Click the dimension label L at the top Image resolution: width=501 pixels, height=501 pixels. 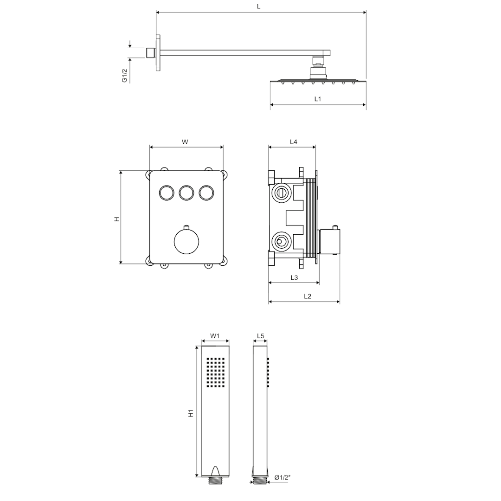(258, 6)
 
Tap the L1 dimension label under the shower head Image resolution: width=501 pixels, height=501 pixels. (318, 99)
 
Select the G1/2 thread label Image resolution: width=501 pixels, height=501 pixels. (125, 76)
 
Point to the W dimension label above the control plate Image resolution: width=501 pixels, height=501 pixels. (185, 142)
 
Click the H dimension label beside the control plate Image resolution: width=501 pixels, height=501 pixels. (117, 219)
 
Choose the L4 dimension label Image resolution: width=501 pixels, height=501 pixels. (293, 141)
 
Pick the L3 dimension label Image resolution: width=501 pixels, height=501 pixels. (294, 278)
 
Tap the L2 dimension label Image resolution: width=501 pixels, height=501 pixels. (308, 296)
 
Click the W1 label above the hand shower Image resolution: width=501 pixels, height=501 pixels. (215, 336)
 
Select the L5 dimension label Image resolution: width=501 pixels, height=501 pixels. (260, 336)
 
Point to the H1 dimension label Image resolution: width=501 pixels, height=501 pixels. (191, 413)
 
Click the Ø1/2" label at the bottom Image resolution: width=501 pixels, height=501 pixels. (283, 478)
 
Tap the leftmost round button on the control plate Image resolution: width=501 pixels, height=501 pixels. (167, 193)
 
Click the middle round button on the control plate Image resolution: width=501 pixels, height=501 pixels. (186, 193)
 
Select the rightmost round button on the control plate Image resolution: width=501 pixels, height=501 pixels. (206, 193)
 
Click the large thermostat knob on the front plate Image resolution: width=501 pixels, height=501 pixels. (186, 242)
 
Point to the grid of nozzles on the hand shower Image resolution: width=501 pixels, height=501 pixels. (216, 372)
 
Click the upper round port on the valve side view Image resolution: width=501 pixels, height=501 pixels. (281, 193)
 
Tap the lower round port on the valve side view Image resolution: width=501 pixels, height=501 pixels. (281, 242)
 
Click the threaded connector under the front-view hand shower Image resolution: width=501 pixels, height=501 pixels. (216, 481)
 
